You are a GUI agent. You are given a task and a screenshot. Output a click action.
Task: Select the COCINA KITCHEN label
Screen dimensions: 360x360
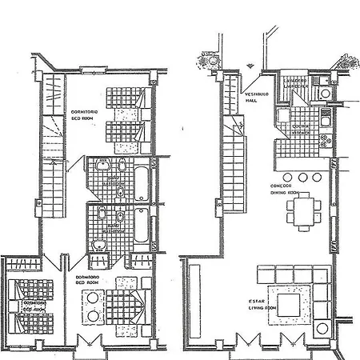(x=303, y=128)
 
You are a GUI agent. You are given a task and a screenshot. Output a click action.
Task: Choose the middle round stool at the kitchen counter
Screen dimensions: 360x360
(x=303, y=177)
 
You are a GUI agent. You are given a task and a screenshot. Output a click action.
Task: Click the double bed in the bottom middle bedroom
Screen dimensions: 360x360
(x=121, y=303)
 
